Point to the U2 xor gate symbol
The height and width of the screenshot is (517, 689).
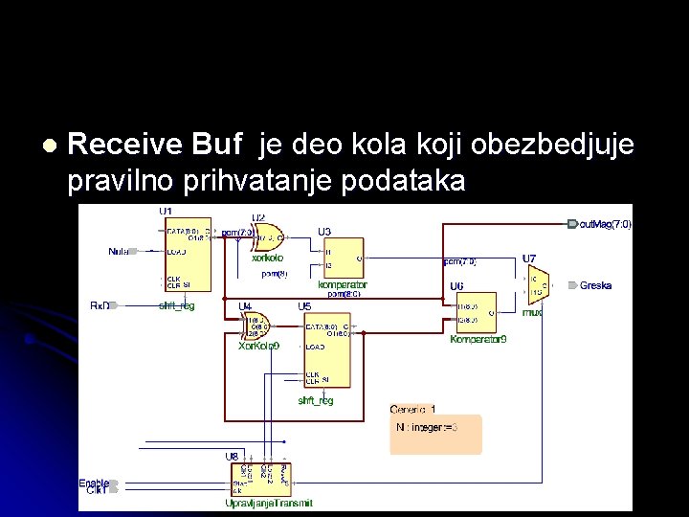click(268, 236)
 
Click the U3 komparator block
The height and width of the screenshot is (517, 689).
click(342, 258)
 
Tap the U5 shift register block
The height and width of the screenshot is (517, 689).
click(324, 349)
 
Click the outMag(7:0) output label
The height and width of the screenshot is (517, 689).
click(605, 224)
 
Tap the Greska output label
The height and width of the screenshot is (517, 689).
click(595, 285)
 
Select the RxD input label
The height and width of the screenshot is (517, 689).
click(100, 305)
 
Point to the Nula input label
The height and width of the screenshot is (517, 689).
click(118, 251)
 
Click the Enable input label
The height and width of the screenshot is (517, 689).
click(93, 483)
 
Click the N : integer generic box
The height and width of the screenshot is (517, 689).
click(435, 434)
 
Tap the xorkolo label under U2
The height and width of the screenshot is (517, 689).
click(267, 258)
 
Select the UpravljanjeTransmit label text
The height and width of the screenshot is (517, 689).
click(268, 503)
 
